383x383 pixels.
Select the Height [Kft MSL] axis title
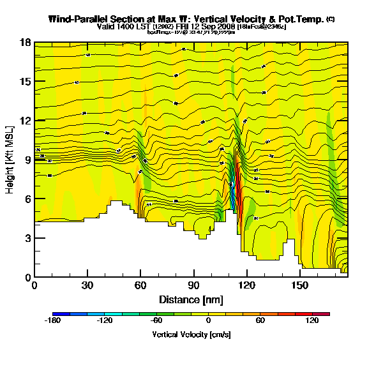click(x=11, y=160)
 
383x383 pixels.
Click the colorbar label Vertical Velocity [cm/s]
click(x=191, y=334)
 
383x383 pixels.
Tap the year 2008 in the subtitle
click(x=225, y=27)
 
